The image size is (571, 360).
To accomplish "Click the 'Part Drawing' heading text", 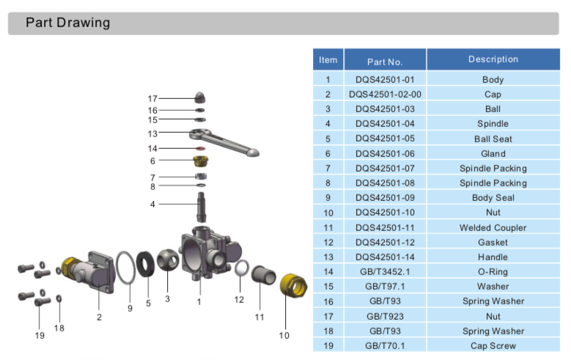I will pyautogui.click(x=67, y=23).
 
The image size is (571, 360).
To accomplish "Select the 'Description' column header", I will pyautogui.click(x=493, y=59).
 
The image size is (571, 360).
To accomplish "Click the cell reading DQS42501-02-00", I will pyautogui.click(x=385, y=95).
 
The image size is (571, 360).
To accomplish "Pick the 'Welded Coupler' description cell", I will pyautogui.click(x=493, y=227).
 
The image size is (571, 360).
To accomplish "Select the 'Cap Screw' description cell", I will pyautogui.click(x=493, y=345).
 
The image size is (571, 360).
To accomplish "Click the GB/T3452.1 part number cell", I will pyautogui.click(x=385, y=271).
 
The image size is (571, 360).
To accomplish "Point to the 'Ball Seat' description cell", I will pyautogui.click(x=493, y=139).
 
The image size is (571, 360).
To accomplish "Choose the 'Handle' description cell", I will pyautogui.click(x=493, y=257).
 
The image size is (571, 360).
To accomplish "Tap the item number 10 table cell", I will pyautogui.click(x=328, y=213).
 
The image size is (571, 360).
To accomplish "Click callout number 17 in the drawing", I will pyautogui.click(x=152, y=98).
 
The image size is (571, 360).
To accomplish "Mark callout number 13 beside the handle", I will pyautogui.click(x=152, y=133).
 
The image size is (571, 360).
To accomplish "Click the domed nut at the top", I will pyautogui.click(x=201, y=98).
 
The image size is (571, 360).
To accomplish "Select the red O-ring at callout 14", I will pyautogui.click(x=199, y=149).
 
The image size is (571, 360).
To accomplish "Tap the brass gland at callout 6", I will pyautogui.click(x=199, y=161).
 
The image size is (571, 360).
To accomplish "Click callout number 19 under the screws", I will pyautogui.click(x=40, y=335).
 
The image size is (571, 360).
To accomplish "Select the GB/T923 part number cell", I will pyautogui.click(x=385, y=316).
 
